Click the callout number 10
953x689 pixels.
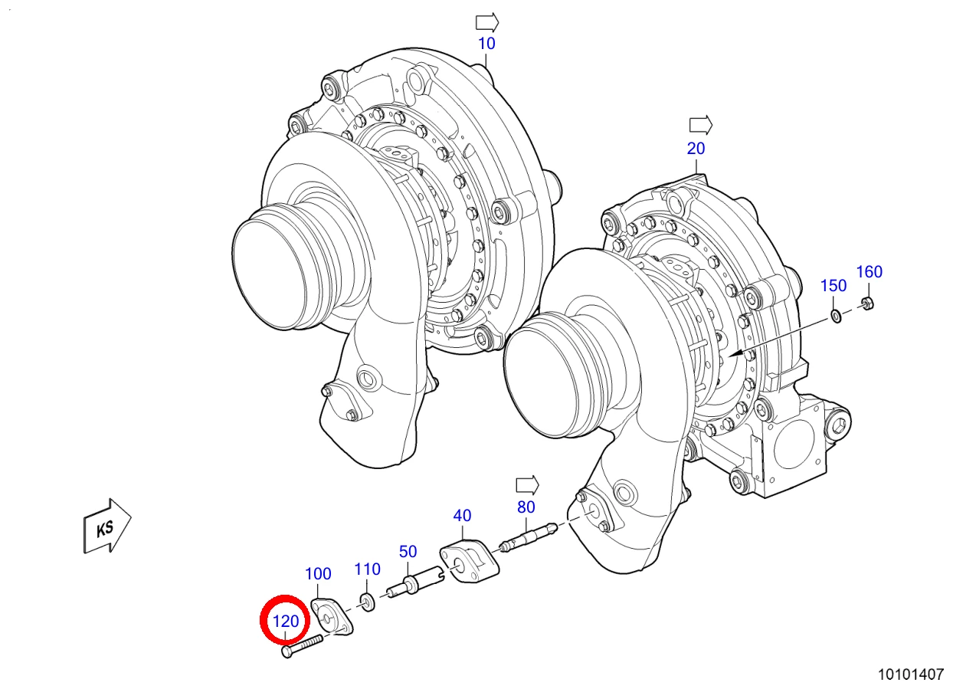point(486,44)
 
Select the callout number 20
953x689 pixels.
point(696,149)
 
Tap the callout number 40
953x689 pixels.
point(462,516)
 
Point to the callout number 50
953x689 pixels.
point(408,552)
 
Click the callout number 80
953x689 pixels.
point(526,507)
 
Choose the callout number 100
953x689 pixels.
point(318,574)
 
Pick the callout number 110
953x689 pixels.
point(368,569)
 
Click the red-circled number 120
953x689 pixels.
point(286,622)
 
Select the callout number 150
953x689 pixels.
point(833,286)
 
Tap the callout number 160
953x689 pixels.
point(869,272)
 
